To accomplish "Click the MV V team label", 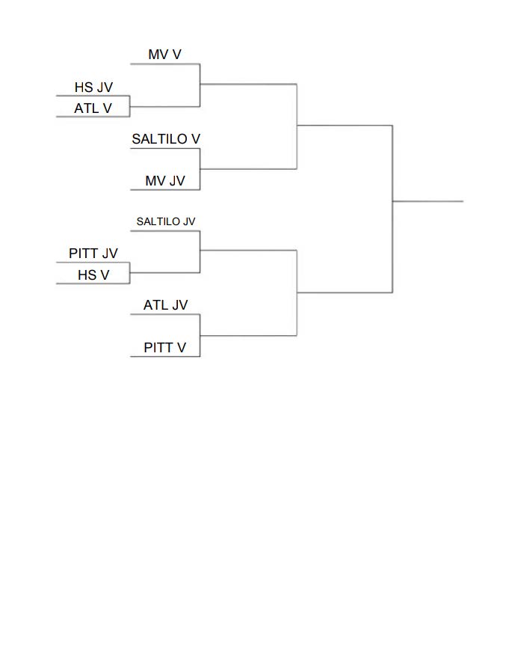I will (x=164, y=55).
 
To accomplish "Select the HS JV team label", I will (x=93, y=88).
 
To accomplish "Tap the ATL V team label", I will (x=93, y=108).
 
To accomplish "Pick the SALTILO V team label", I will (x=166, y=139).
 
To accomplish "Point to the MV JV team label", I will (x=165, y=181).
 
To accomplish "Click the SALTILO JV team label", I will (x=166, y=221).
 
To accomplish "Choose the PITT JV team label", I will (x=93, y=254).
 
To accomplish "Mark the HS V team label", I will (x=93, y=275).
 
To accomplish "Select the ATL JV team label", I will (x=165, y=305).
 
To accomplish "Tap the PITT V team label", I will (x=165, y=348).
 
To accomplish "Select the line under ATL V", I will (x=93, y=117).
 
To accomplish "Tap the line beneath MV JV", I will (x=165, y=190).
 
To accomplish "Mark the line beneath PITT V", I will (x=165, y=356).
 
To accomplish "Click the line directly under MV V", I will (x=165, y=64).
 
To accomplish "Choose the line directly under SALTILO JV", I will (x=165, y=230).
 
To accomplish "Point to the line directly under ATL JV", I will (x=165, y=314).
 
